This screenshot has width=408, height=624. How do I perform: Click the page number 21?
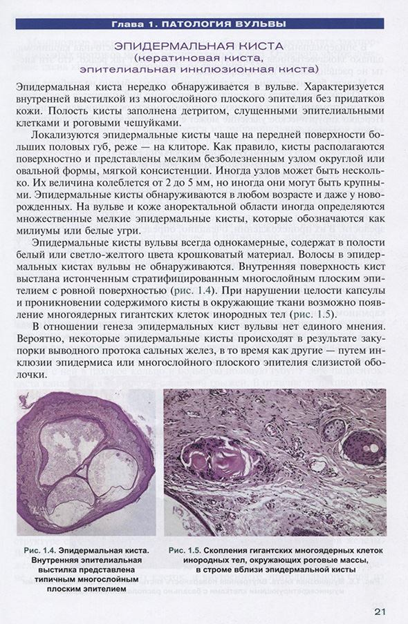tap(378, 612)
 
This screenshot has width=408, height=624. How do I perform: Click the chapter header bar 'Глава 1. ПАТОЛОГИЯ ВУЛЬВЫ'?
tap(204, 26)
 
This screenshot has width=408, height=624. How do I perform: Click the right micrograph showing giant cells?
tap(275, 462)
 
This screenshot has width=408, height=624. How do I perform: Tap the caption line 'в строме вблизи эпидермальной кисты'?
tap(275, 570)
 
